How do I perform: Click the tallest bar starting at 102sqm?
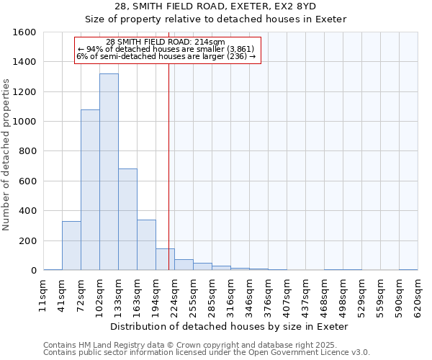click(x=109, y=172)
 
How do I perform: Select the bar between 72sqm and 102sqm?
click(x=90, y=190)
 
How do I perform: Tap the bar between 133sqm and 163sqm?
click(x=127, y=220)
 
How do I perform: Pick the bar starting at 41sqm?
click(x=71, y=246)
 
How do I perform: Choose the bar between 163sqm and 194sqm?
click(x=146, y=245)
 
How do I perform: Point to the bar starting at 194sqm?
click(x=165, y=259)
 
